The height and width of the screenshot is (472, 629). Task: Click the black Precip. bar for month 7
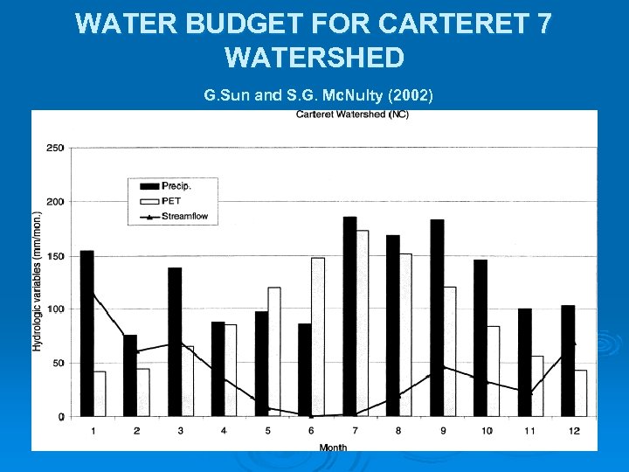click(x=349, y=316)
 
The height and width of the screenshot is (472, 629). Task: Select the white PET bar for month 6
click(x=317, y=337)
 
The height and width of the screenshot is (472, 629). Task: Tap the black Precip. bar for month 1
click(x=86, y=333)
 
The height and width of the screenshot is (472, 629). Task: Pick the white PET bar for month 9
click(x=449, y=351)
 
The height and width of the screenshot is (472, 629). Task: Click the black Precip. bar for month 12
click(x=568, y=360)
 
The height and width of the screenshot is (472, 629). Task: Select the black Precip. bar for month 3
click(x=175, y=342)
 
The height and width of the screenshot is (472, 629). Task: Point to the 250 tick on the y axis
click(x=55, y=148)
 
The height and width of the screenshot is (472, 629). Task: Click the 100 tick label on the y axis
click(x=55, y=309)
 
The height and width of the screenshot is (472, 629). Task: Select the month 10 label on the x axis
click(x=486, y=431)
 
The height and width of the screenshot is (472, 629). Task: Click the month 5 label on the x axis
click(x=267, y=431)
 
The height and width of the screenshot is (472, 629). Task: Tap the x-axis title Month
click(x=332, y=447)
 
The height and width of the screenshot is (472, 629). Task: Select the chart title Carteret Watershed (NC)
click(x=352, y=115)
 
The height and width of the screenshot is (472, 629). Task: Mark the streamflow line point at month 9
click(x=443, y=366)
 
